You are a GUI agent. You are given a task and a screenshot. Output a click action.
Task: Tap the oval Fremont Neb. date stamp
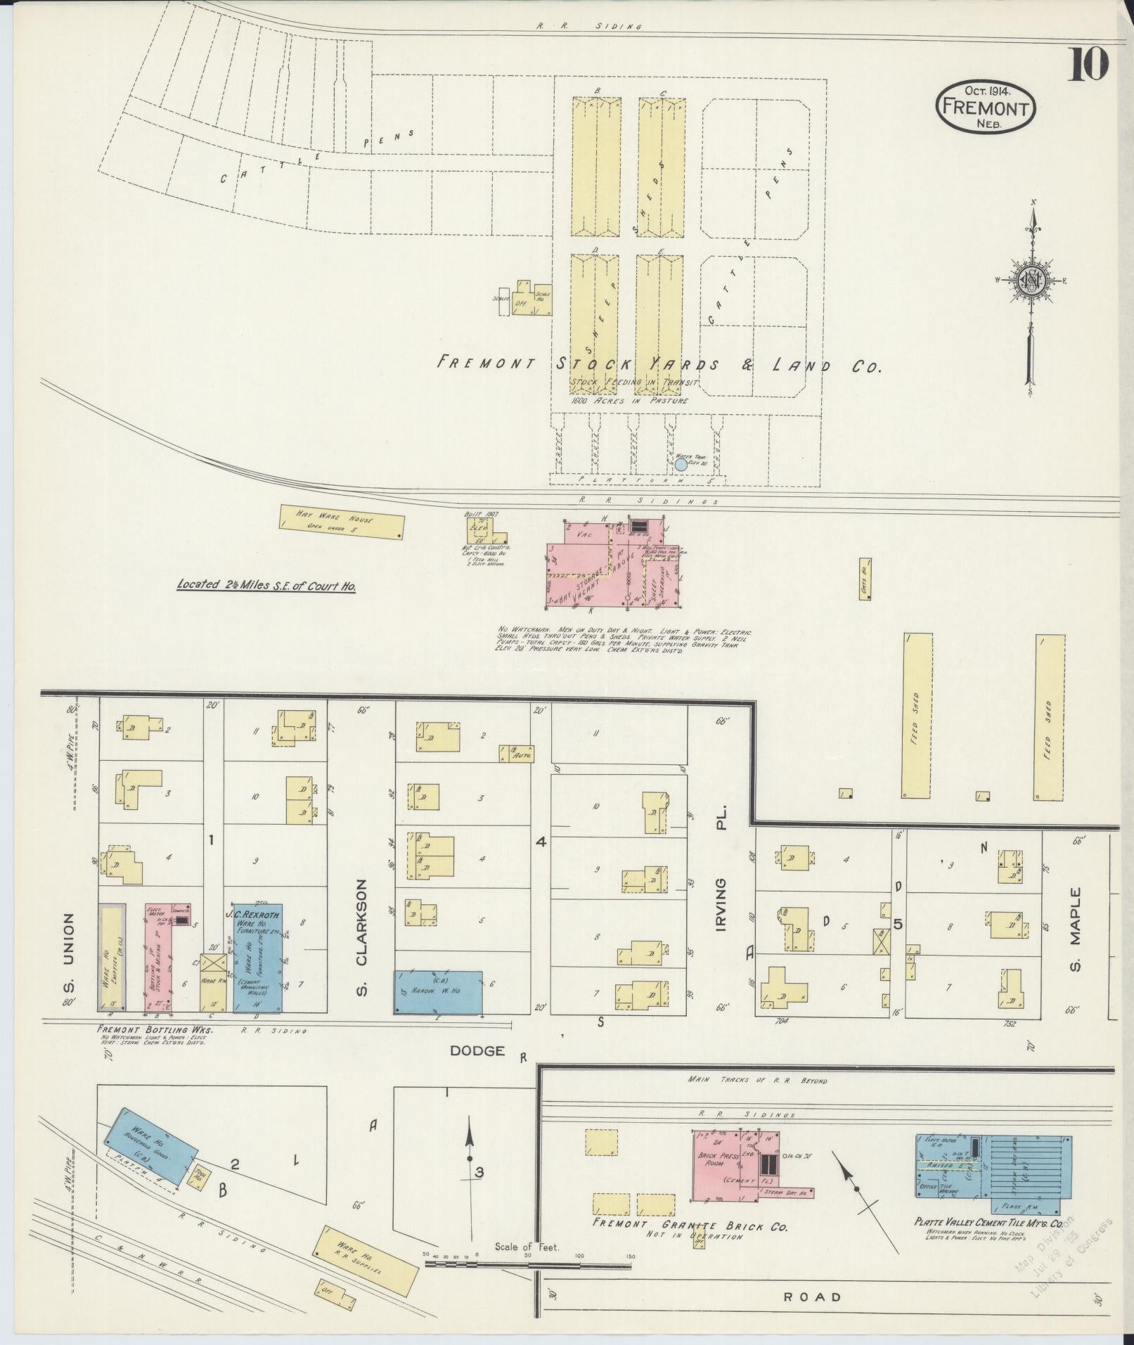pos(986,107)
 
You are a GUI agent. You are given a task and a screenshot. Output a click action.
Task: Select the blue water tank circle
pos(681,464)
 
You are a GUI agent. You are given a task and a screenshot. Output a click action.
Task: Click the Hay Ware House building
pos(342,522)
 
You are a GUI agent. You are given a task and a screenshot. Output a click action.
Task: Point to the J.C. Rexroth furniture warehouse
pos(258,958)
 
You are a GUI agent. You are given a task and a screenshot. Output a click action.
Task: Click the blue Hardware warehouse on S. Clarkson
pos(438,991)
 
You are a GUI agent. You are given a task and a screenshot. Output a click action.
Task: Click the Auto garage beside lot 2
pos(517,754)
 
